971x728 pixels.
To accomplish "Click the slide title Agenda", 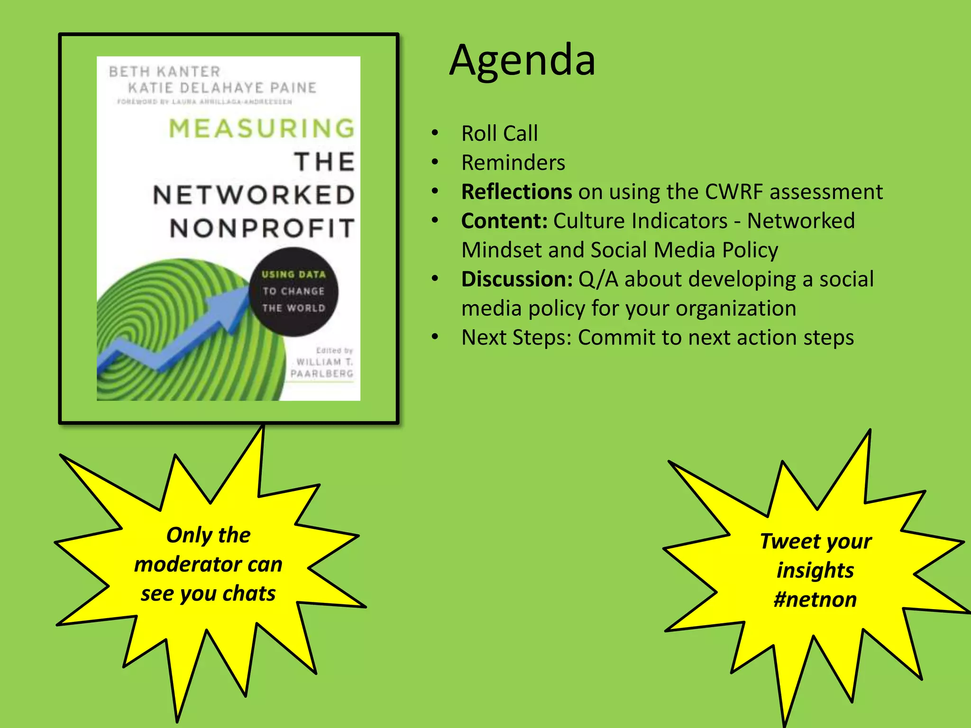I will tap(522, 60).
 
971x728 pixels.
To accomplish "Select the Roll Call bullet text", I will tap(500, 134).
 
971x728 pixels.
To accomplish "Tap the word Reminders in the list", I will tap(513, 163).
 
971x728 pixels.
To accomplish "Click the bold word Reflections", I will tap(516, 192).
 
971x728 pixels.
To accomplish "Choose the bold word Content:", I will tap(504, 221).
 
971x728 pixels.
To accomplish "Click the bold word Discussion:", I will tap(517, 279).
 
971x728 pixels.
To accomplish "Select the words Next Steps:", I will tap(516, 337).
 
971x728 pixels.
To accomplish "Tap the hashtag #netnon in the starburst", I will tap(815, 600).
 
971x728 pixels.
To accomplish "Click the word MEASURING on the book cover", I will tap(262, 128).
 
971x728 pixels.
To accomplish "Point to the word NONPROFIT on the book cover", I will tap(262, 228).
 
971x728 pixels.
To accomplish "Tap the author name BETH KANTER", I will tap(165, 72).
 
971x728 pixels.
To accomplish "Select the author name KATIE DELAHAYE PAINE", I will tap(222, 88).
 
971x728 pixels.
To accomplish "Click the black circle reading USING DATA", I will tap(293, 291).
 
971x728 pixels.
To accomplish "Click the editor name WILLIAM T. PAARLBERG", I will tap(322, 368).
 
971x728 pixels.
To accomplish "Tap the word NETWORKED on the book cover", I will tap(254, 195).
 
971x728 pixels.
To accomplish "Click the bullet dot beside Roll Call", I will tap(435, 133).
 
